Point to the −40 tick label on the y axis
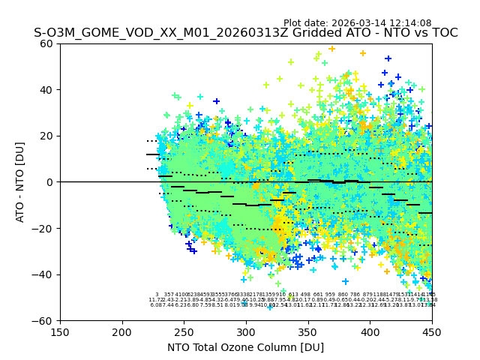(x=46, y=274)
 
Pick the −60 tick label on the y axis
(x=46, y=321)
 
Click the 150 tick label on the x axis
(x=60, y=333)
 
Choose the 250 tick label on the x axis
(x=184, y=333)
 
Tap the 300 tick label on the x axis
(x=246, y=333)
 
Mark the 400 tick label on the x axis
(x=370, y=333)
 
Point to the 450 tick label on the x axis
(x=431, y=333)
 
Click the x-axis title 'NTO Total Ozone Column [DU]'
(x=245, y=347)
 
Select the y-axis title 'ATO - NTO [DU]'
(x=20, y=182)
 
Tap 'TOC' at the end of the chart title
(x=443, y=33)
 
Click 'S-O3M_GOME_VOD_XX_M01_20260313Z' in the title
(x=139, y=33)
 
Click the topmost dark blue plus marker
(x=388, y=58)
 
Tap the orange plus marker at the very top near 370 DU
(x=331, y=49)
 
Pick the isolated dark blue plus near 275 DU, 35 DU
(x=216, y=101)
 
